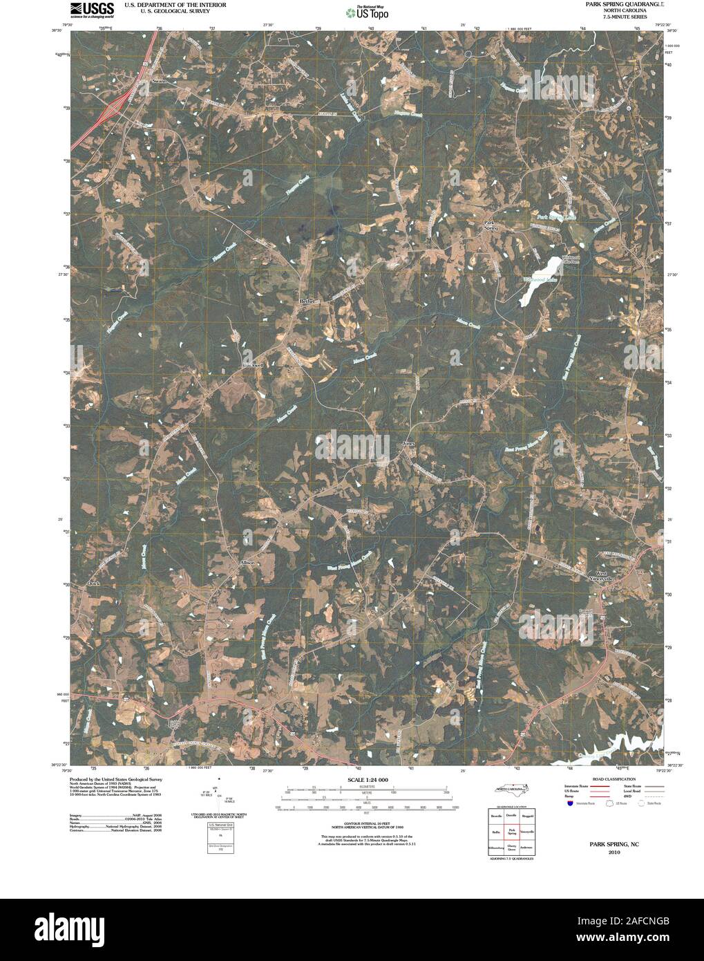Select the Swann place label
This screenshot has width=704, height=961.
[160, 82]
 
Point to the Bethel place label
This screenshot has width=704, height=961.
[307, 301]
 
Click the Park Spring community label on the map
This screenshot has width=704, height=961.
[490, 225]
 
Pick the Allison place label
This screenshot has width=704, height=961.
[247, 563]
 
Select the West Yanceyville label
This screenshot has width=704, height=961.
[605, 577]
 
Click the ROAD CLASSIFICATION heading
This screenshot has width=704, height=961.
[609, 778]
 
